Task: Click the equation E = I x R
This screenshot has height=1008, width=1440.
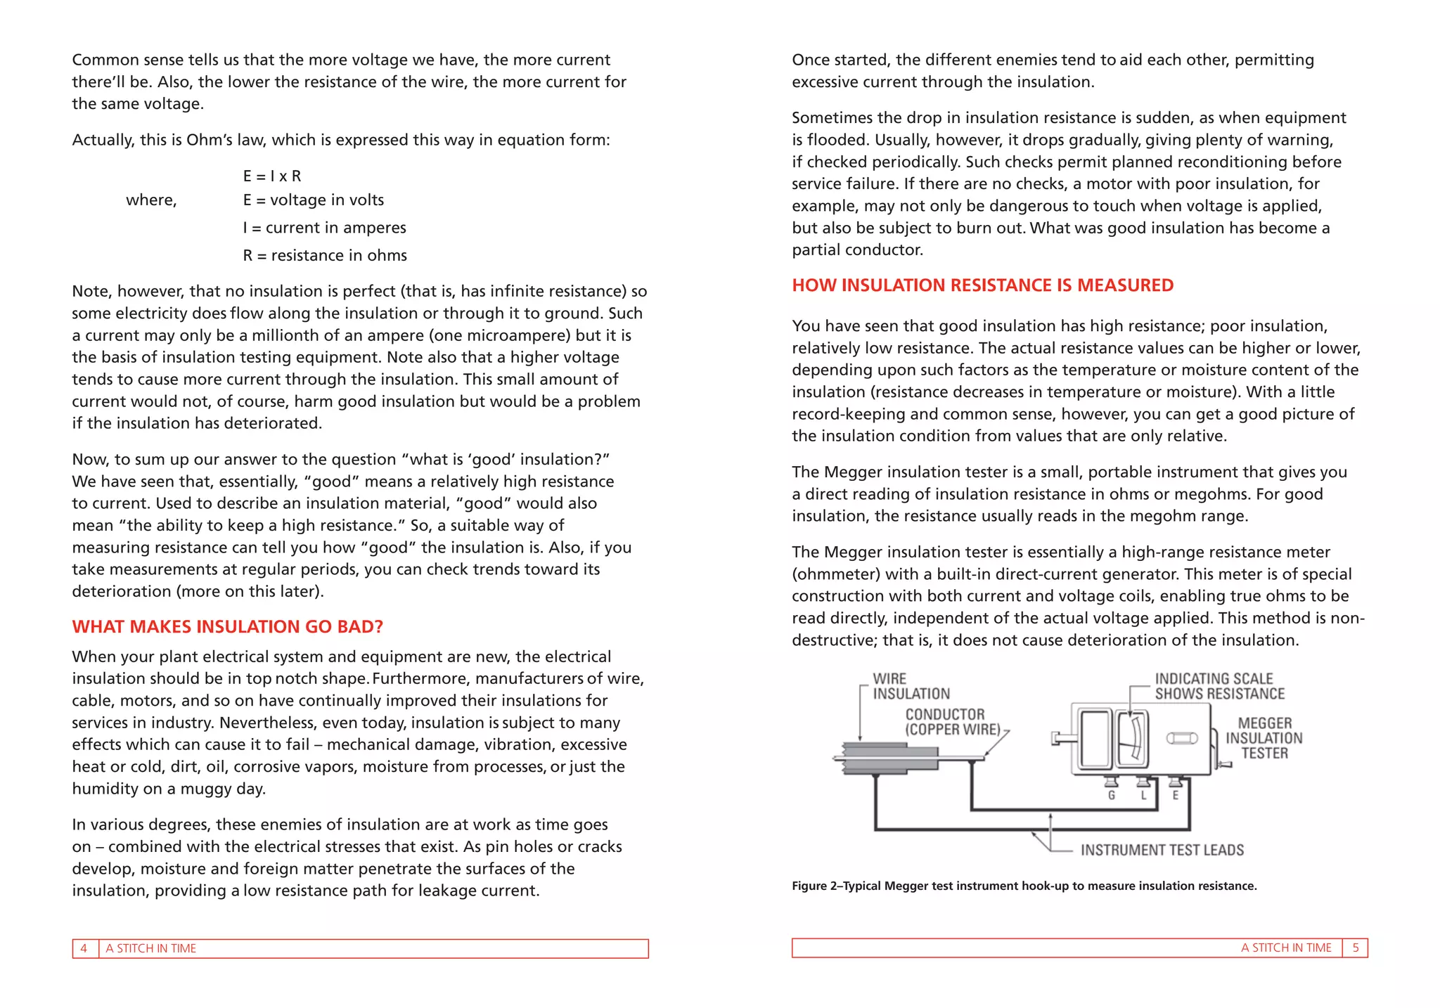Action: [271, 176]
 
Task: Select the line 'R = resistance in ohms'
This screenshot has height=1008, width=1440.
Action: [325, 256]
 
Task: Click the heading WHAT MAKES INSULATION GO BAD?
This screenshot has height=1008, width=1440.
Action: [227, 627]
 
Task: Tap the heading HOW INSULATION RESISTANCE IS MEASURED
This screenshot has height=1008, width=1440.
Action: [982, 285]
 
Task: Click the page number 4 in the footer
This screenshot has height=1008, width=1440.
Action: [84, 949]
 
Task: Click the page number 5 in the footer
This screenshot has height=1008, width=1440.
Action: [1355, 948]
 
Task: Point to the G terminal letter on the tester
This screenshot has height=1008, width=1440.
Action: [1112, 796]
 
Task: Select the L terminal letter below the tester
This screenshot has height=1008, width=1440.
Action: [1143, 796]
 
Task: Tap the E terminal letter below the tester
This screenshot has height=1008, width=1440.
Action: [1175, 796]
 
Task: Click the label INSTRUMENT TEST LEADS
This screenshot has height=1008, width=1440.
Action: [1162, 851]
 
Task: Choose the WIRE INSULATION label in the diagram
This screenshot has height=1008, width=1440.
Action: [911, 687]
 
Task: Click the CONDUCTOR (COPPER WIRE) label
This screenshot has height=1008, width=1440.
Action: [952, 722]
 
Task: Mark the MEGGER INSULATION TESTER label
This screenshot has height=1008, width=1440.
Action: [1264, 738]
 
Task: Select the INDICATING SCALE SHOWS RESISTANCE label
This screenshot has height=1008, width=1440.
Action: [1219, 687]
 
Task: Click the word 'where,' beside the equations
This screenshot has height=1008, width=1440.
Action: [151, 200]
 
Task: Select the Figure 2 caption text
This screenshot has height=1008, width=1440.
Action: [1024, 886]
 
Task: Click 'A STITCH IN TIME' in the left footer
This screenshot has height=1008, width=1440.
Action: [150, 949]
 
